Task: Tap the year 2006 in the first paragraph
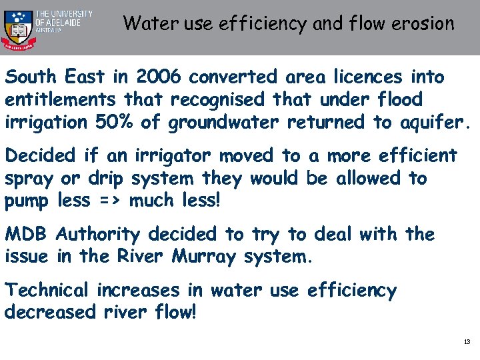[158, 77]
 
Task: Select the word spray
[30, 179]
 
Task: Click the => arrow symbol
[117, 201]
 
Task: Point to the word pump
[27, 201]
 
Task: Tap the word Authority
[99, 235]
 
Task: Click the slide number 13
[467, 342]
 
